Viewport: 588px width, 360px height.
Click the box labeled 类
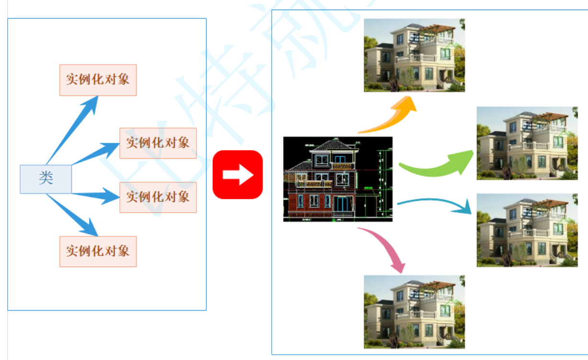pyautogui.click(x=46, y=179)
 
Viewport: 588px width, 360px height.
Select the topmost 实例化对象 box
pyautogui.click(x=98, y=80)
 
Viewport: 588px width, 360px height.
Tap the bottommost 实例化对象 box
pyautogui.click(x=98, y=251)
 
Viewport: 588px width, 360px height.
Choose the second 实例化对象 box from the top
pyautogui.click(x=158, y=143)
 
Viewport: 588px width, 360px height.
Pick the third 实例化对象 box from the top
pyautogui.click(x=158, y=197)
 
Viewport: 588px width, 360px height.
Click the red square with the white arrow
pyautogui.click(x=238, y=174)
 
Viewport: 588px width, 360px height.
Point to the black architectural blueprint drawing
pyautogui.click(x=338, y=179)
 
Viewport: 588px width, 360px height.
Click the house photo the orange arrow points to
pyautogui.click(x=414, y=55)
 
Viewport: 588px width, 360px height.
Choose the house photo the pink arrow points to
pyautogui.click(x=414, y=312)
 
